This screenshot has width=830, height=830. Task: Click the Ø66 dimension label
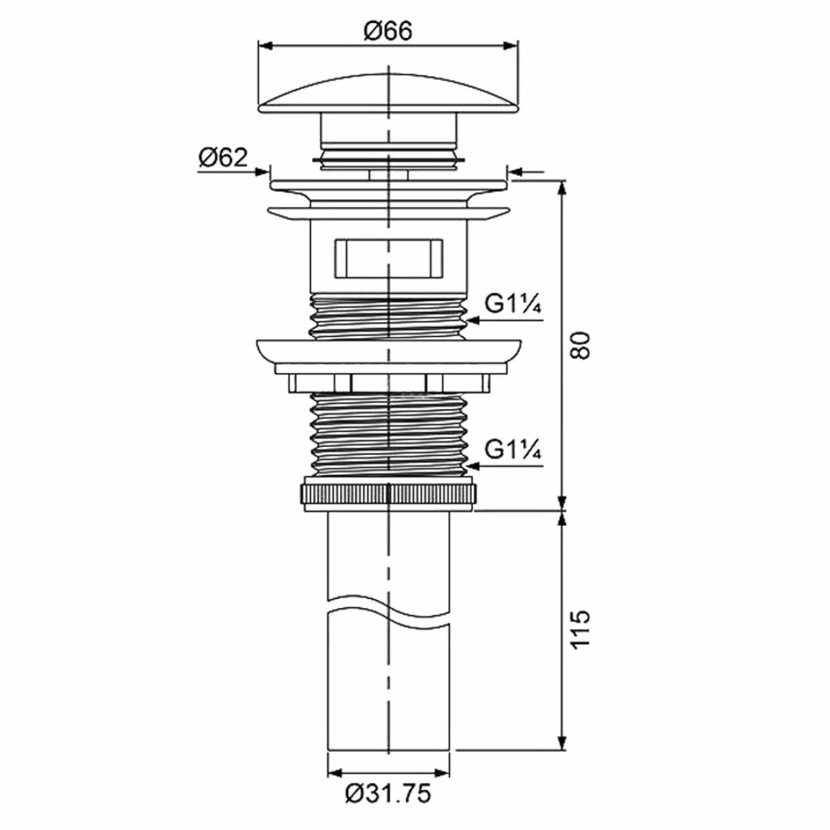(388, 31)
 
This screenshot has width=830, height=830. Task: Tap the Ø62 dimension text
(223, 157)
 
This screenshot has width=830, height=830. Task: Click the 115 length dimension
(581, 628)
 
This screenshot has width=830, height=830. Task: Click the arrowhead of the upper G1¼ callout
(472, 320)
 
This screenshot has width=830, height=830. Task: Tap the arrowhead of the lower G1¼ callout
(472, 466)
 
